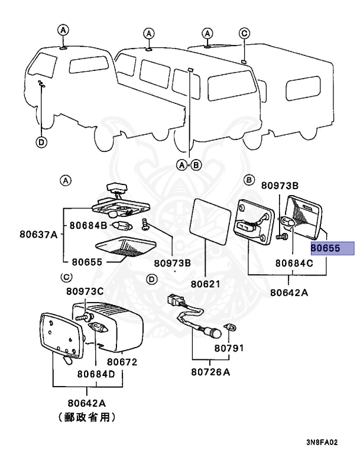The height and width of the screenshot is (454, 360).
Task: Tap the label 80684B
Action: [x=88, y=225]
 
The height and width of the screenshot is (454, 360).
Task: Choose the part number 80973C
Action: [x=85, y=291]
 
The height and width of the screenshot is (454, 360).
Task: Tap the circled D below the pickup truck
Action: [x=41, y=142]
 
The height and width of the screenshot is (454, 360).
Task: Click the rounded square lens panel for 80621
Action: [x=209, y=222]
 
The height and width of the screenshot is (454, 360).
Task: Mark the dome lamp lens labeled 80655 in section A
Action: [x=124, y=249]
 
